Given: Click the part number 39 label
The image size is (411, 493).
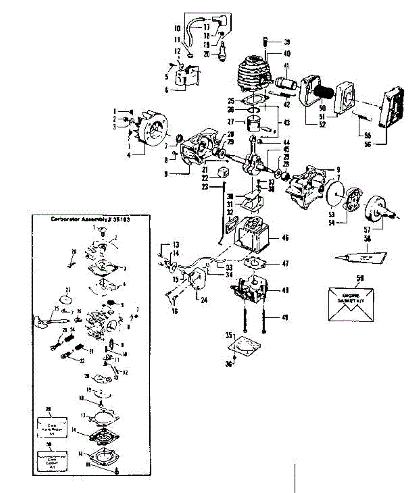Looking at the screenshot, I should point(287,42).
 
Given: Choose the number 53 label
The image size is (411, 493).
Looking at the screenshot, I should point(331,214).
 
